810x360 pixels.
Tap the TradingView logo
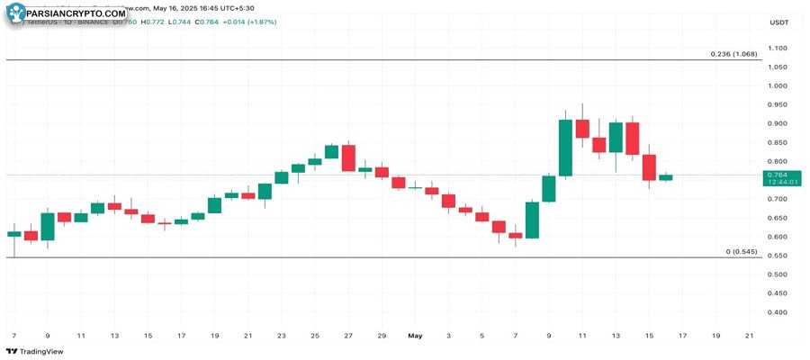click(35, 351)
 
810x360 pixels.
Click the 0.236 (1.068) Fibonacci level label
click(733, 54)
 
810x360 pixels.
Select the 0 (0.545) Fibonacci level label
click(742, 251)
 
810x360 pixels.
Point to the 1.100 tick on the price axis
click(778, 49)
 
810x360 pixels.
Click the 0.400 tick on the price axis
click(778, 312)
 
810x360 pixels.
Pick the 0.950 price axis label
click(778, 104)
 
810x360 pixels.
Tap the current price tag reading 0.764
click(778, 175)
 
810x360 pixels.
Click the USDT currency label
click(778, 22)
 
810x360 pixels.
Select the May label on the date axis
click(415, 335)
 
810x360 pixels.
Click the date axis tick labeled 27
click(348, 335)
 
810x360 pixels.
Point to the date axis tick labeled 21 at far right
click(749, 335)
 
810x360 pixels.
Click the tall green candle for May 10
click(565, 148)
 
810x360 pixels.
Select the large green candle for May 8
click(532, 220)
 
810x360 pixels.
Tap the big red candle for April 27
click(348, 157)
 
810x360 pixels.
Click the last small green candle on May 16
click(666, 177)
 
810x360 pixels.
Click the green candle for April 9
click(48, 226)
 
